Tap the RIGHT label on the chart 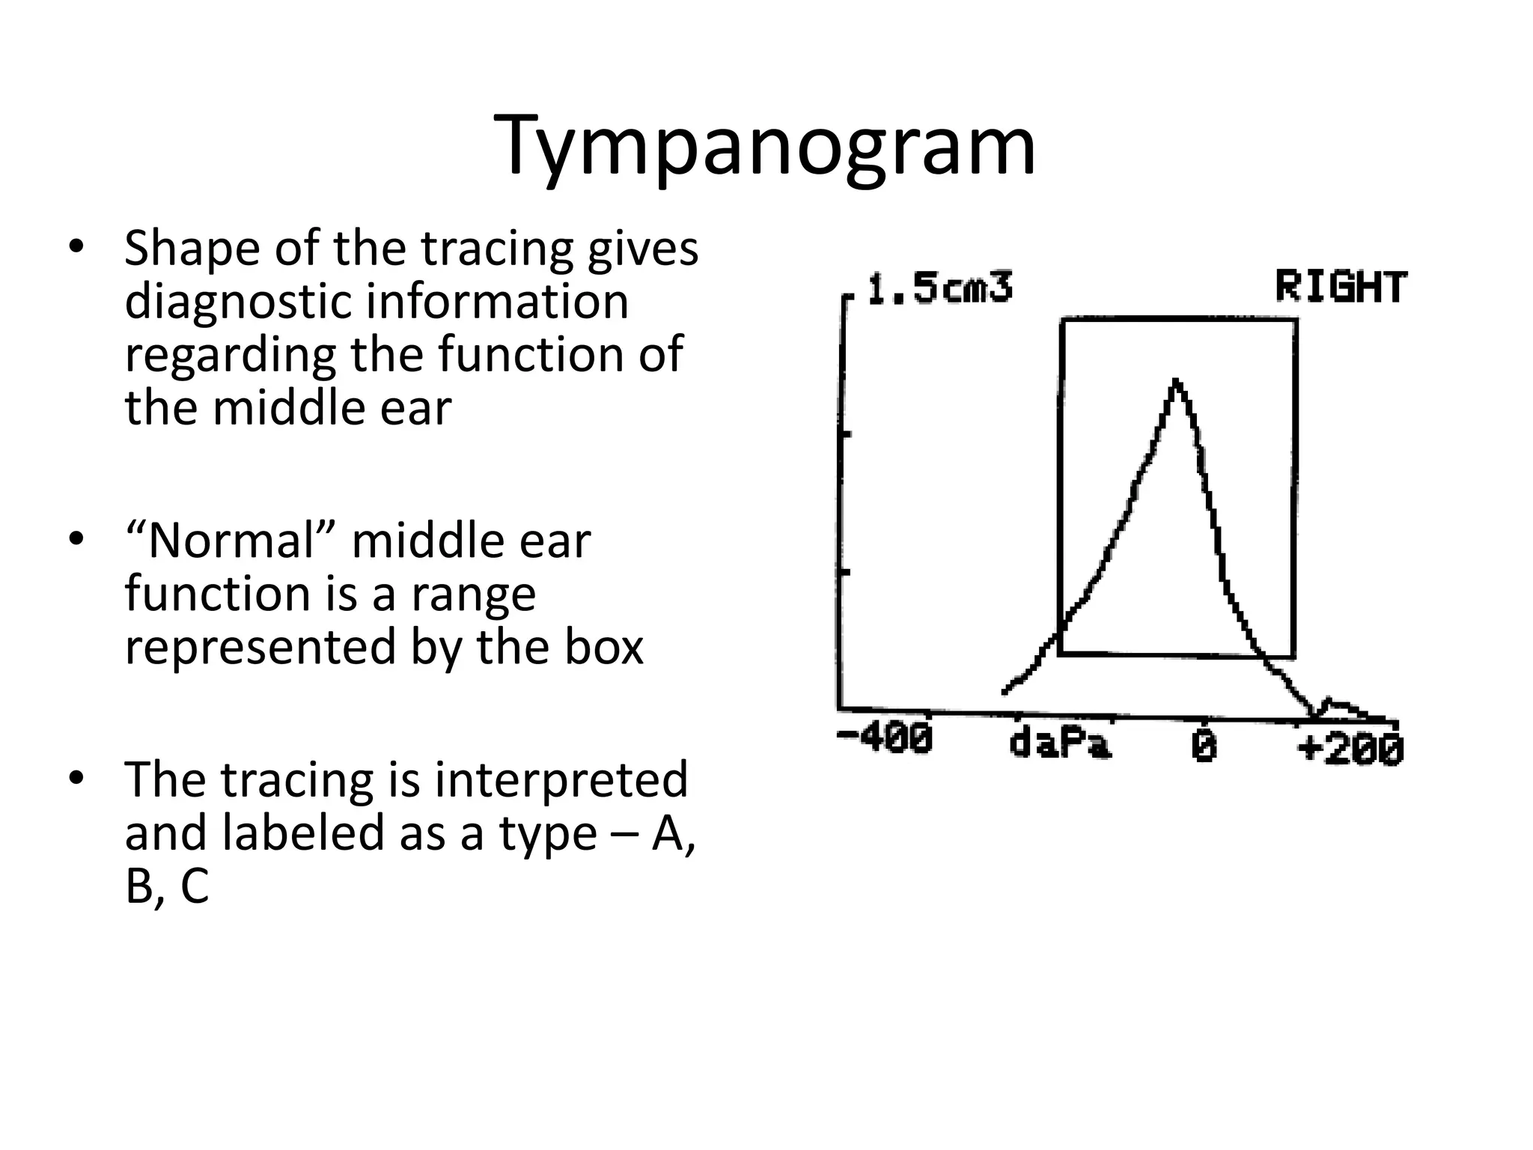point(1341,287)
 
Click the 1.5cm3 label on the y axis point(939,289)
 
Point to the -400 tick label point(885,739)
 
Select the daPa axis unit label point(1060,744)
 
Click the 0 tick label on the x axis point(1204,746)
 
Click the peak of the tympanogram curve point(1177,381)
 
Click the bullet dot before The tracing point(76,779)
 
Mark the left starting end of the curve point(1005,692)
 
